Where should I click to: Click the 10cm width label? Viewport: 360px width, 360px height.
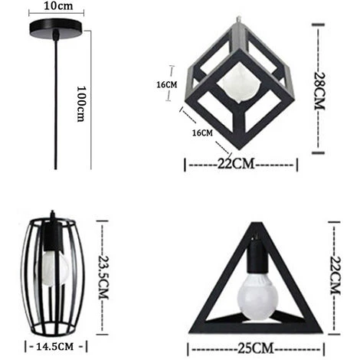click(59, 6)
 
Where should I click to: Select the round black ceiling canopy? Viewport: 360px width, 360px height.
click(57, 31)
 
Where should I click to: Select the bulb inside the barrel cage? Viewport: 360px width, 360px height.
click(47, 268)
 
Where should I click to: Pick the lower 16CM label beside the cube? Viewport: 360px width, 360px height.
click(201, 133)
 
